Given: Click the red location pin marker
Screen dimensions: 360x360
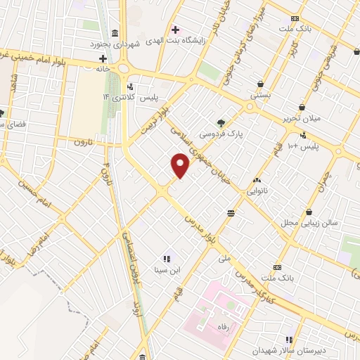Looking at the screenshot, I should (x=181, y=166).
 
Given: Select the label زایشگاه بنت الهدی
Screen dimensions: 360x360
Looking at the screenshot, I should (x=211, y=30).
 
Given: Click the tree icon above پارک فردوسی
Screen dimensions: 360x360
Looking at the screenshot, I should (x=221, y=121).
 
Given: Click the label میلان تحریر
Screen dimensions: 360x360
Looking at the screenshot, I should (x=306, y=117).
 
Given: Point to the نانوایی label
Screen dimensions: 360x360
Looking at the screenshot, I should (x=255, y=191).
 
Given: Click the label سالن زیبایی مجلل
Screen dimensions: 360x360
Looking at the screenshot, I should (x=310, y=222).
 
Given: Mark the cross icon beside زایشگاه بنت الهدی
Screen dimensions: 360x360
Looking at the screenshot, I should (x=176, y=30).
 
